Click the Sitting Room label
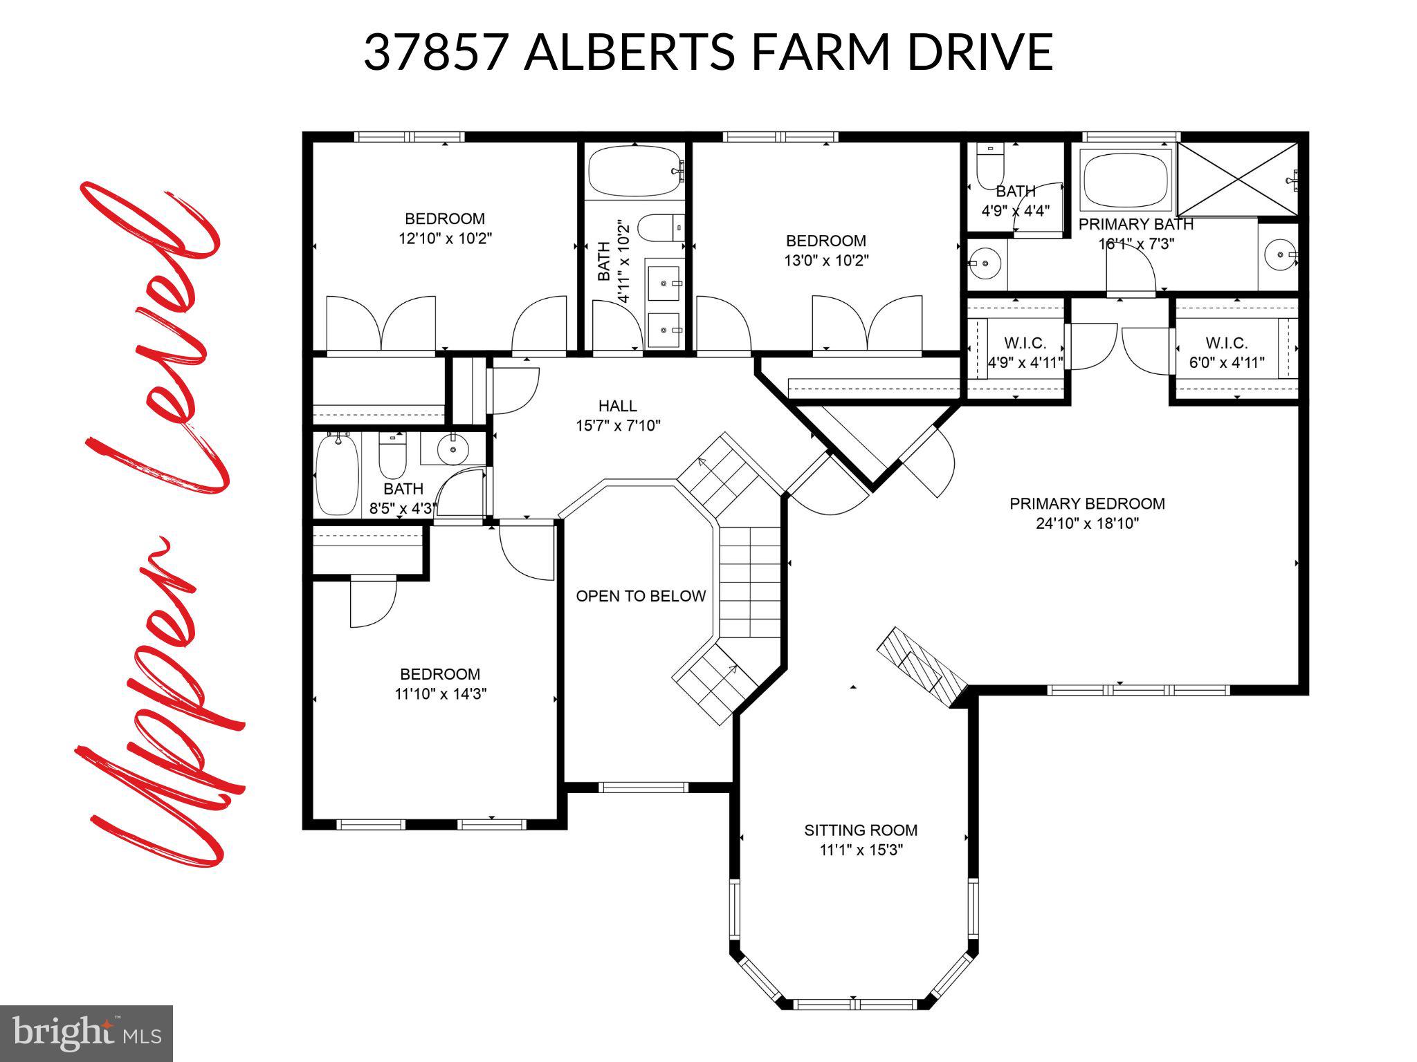point(861,830)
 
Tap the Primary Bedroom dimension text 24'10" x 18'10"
point(1087,523)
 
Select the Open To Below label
point(641,596)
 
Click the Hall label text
point(617,406)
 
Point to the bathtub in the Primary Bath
point(1126,180)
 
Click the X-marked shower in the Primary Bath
point(1238,179)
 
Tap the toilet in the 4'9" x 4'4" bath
point(990,166)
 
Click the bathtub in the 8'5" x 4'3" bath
point(337,474)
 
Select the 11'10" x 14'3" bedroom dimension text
point(440,693)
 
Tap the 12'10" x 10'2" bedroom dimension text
point(445,239)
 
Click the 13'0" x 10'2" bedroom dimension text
point(826,261)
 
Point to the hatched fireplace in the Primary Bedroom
point(922,667)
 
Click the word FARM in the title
point(820,52)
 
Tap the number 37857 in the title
point(436,52)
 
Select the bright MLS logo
point(86,1033)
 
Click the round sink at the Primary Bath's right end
point(1280,255)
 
